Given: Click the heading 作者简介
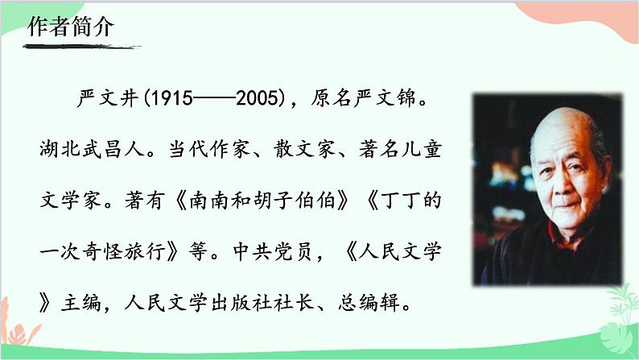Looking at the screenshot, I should [x=72, y=26].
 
